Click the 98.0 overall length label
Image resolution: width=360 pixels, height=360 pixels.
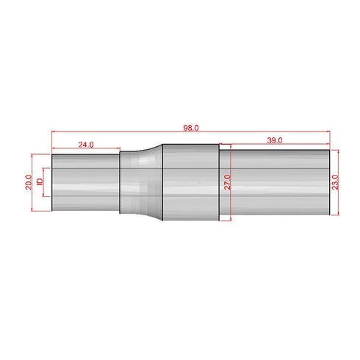[x=191, y=128]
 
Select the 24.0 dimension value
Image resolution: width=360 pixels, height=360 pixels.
[x=86, y=145]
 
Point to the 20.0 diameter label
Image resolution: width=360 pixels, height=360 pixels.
[x=28, y=181]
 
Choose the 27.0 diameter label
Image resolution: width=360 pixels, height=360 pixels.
[x=227, y=181]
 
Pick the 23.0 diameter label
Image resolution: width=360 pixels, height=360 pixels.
[x=336, y=181]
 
